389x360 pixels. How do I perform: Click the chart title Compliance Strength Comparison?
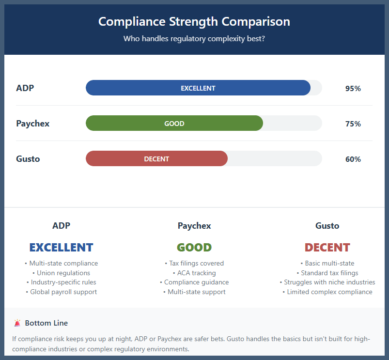click(194, 22)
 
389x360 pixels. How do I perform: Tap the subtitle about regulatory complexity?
click(194, 38)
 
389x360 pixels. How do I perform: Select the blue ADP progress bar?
click(198, 88)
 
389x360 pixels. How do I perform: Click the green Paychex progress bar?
click(174, 124)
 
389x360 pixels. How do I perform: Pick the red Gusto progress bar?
click(156, 159)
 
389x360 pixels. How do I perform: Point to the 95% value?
click(353, 89)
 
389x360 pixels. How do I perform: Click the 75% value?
click(353, 124)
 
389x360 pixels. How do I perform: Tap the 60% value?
click(353, 159)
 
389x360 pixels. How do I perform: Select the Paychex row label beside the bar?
click(33, 124)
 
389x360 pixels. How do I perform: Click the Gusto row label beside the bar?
click(28, 159)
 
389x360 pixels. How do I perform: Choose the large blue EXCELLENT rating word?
click(61, 248)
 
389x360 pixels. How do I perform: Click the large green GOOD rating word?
click(194, 248)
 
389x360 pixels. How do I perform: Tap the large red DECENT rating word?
click(327, 248)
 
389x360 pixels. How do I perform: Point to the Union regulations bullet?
click(61, 273)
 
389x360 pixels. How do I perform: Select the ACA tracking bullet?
click(194, 273)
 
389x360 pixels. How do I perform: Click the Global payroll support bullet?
click(61, 292)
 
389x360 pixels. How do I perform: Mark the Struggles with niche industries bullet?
click(327, 282)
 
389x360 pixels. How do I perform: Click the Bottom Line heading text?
click(47, 323)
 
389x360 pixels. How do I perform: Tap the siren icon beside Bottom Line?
click(17, 323)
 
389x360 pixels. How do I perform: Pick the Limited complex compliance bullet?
click(327, 292)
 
